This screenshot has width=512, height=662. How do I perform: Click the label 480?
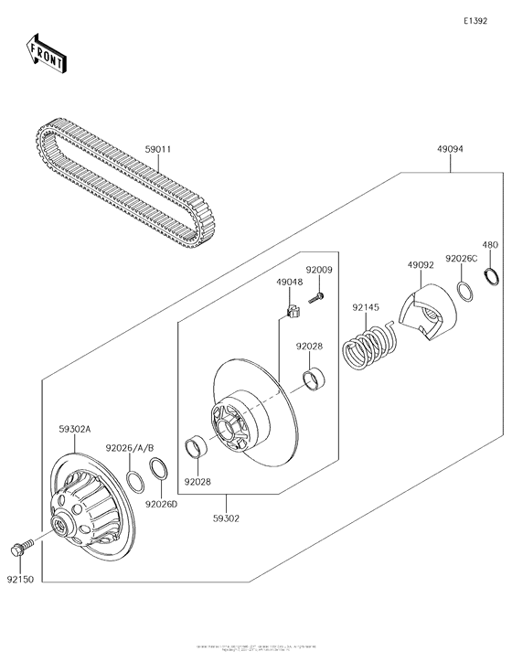click(490, 245)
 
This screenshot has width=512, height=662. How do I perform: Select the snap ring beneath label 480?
click(491, 279)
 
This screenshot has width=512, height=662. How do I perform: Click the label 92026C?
click(461, 259)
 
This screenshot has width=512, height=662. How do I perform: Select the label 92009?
click(319, 270)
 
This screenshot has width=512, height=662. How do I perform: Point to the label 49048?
click(289, 283)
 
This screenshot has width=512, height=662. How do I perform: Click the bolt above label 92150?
click(20, 549)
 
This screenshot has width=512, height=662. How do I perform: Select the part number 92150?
click(20, 578)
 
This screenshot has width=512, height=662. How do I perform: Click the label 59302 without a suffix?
click(226, 518)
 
